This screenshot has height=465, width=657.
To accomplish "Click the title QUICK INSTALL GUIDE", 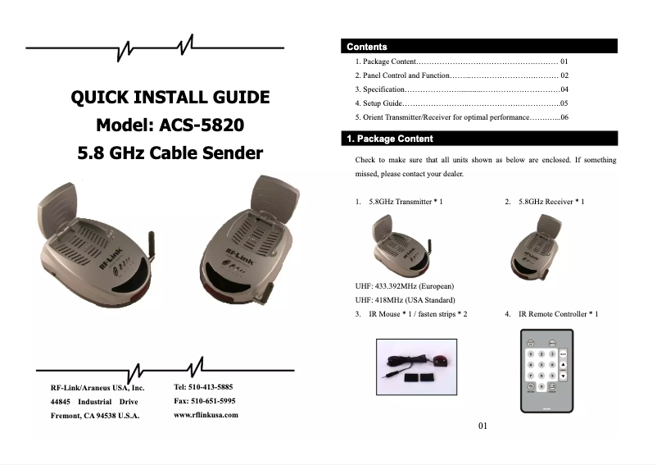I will click(x=170, y=98).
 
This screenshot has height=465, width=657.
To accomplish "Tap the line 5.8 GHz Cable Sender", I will click(x=170, y=153).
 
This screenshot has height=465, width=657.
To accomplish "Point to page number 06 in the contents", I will click(x=564, y=118).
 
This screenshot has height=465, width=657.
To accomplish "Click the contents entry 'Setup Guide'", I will click(x=382, y=104).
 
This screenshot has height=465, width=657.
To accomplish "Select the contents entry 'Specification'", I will click(x=383, y=89).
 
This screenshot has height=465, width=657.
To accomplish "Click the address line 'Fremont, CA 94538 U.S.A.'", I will click(x=95, y=416).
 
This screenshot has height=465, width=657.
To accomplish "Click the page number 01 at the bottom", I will click(x=483, y=426).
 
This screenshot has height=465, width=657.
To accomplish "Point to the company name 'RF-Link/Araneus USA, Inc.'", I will click(x=97, y=387).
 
